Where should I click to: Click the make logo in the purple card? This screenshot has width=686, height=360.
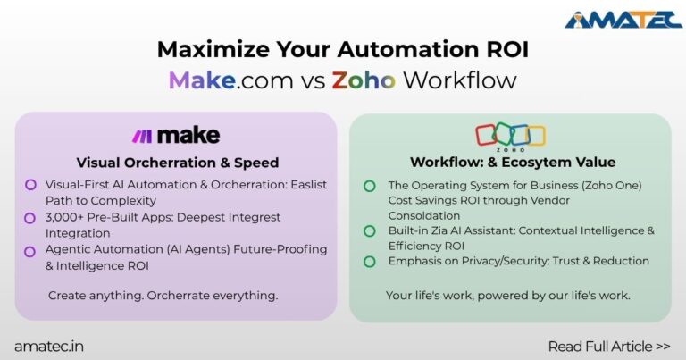pos(176,136)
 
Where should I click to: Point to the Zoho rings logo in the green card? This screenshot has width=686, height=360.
pos(510,135)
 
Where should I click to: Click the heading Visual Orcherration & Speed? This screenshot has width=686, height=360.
pos(177,163)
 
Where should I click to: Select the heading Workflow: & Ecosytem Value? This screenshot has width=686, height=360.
pos(510,163)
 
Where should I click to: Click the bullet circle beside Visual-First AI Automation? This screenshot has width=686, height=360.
pos(30,185)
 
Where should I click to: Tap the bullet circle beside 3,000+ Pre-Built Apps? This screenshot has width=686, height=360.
pos(30,217)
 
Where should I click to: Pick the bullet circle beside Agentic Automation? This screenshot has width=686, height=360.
pos(30,249)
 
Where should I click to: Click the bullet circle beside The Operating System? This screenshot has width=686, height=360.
pos(369,185)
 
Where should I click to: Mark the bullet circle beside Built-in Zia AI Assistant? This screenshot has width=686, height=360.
pos(369,231)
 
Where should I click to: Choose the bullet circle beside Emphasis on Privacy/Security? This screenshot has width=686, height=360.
pos(369,261)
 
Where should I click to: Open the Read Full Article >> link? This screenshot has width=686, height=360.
pos(609,345)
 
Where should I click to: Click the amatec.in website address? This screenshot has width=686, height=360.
pos(49,345)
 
